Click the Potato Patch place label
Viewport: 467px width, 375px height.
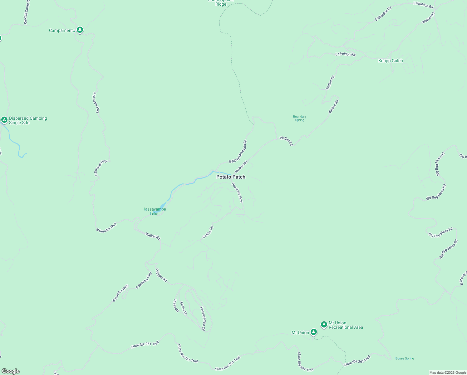(231, 177)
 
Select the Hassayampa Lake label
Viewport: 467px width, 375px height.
(154, 212)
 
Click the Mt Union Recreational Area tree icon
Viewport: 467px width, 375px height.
(324, 324)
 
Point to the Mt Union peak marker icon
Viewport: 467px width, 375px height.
(314, 332)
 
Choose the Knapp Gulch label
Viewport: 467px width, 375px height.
(391, 61)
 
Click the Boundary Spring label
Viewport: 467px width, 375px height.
(300, 118)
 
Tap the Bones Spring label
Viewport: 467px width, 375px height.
(405, 358)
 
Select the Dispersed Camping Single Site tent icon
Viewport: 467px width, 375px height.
(4, 120)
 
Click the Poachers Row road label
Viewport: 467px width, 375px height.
(237, 192)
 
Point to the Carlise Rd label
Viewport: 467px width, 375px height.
(208, 232)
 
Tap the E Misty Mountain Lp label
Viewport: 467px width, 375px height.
(238, 152)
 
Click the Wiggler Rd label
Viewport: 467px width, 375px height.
(161, 275)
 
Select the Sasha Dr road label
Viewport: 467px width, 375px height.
(184, 308)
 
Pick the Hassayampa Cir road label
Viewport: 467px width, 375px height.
(203, 318)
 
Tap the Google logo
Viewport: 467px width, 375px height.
(10, 371)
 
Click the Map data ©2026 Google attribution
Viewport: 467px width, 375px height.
(448, 372)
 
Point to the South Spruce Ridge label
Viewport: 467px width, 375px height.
(221, 3)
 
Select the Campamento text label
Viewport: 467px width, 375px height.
(62, 30)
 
